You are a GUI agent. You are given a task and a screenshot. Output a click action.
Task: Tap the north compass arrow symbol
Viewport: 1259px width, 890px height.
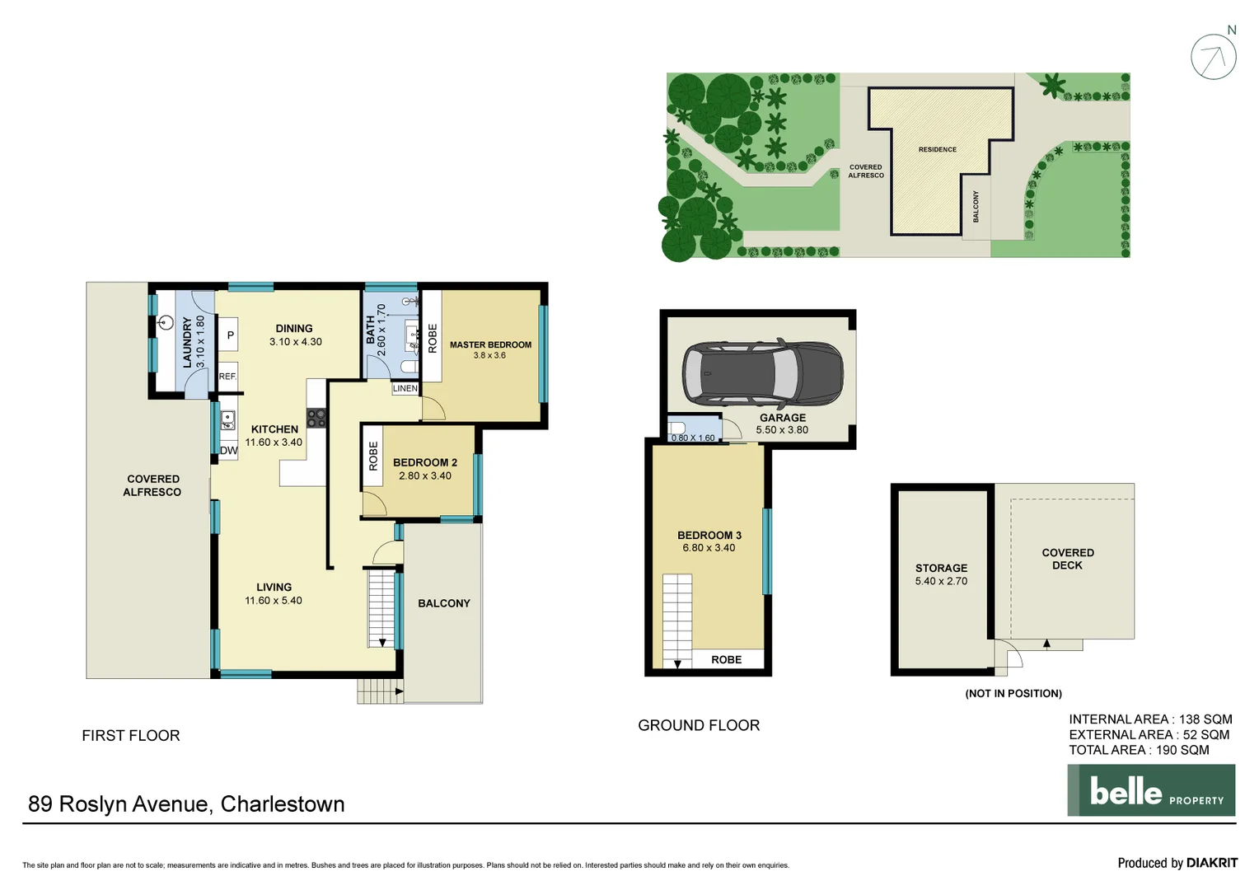coord(1213,57)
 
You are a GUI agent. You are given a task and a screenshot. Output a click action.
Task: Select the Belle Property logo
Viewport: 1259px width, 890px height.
coord(1151,790)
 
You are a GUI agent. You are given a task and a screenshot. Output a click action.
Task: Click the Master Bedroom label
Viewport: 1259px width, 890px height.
coord(490,345)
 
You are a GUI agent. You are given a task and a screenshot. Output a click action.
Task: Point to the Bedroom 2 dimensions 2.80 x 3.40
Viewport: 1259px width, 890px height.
coord(425,476)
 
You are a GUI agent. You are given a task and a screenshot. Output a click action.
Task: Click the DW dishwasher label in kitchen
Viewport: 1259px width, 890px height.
coord(228,451)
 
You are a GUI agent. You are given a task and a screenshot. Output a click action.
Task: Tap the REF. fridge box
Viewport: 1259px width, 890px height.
coord(227,377)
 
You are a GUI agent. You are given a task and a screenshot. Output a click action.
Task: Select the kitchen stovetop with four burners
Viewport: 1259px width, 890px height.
coord(316,418)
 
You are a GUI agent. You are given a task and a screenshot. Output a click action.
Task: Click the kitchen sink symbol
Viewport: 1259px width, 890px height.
coord(227,420)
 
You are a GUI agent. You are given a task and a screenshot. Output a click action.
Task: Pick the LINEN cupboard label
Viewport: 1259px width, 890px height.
coord(405,388)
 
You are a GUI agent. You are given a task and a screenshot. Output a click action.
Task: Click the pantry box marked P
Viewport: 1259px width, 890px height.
coord(230,335)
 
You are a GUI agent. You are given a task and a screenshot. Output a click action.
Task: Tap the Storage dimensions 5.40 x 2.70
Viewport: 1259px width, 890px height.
coord(941,581)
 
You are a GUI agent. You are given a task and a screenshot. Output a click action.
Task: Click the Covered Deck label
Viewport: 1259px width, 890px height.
coord(1067,559)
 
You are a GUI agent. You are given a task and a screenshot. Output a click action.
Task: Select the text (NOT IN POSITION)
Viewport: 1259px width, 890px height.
coord(1013,694)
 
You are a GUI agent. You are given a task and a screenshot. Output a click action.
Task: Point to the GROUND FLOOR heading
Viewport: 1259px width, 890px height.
coord(699,725)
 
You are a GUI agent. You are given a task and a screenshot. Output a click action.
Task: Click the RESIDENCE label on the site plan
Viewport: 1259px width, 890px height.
coord(938,150)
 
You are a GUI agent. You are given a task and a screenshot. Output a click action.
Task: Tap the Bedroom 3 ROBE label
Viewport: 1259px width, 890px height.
coord(726,659)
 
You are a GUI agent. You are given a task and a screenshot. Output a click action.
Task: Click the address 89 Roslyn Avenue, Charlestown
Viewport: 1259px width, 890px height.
coord(186,804)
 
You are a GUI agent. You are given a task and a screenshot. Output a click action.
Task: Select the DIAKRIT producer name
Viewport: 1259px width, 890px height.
coord(1211,863)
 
